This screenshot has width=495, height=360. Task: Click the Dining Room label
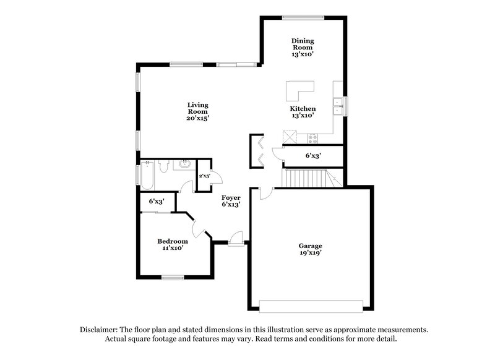click(303, 44)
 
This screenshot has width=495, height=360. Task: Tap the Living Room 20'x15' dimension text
click(198, 118)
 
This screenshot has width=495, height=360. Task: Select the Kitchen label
click(303, 108)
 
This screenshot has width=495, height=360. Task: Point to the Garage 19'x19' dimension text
click(311, 253)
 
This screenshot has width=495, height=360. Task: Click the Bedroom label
click(173, 241)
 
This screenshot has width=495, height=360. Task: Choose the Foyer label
click(231, 197)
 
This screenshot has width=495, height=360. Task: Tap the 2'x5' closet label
click(204, 176)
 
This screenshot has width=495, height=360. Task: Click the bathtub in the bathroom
click(147, 176)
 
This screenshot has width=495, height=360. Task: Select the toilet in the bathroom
click(164, 166)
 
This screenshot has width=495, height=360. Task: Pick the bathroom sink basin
click(184, 164)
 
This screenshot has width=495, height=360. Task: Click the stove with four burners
click(313, 138)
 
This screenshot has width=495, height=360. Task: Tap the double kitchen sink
click(338, 106)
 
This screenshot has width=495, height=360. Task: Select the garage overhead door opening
click(311, 306)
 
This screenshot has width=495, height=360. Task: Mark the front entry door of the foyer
click(236, 239)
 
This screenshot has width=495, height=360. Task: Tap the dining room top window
click(303, 17)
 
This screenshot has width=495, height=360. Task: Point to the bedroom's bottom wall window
click(173, 278)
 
